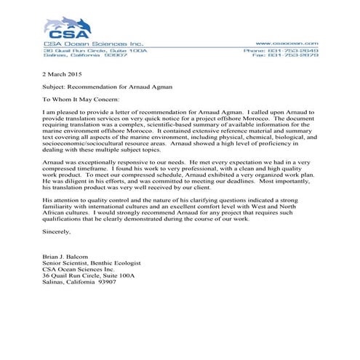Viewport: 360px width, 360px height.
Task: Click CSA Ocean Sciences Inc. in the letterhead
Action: click(x=83, y=44)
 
